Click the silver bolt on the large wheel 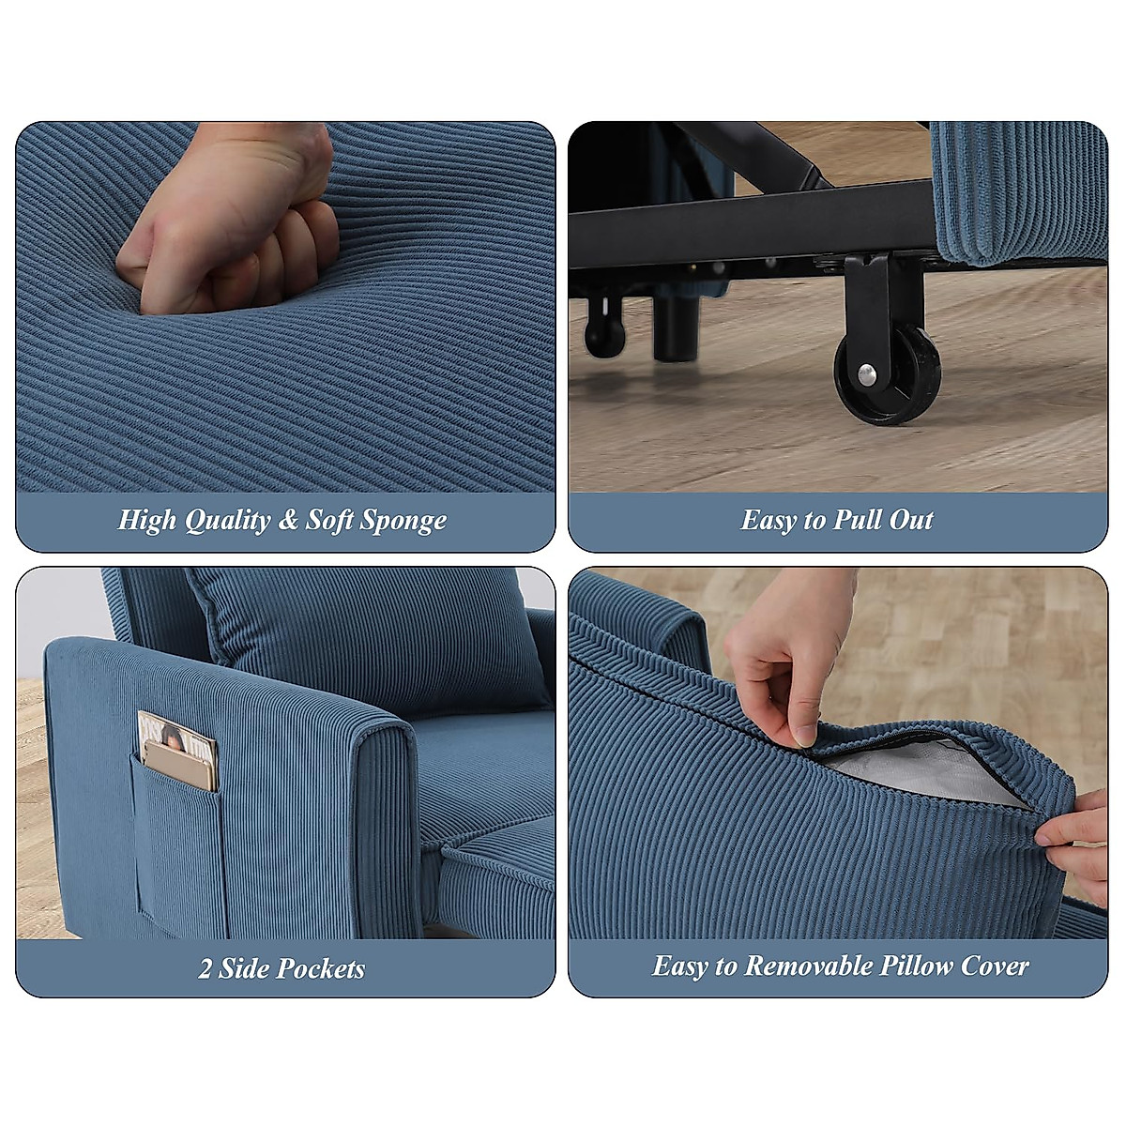(x=872, y=376)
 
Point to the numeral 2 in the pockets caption (x=205, y=968)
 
